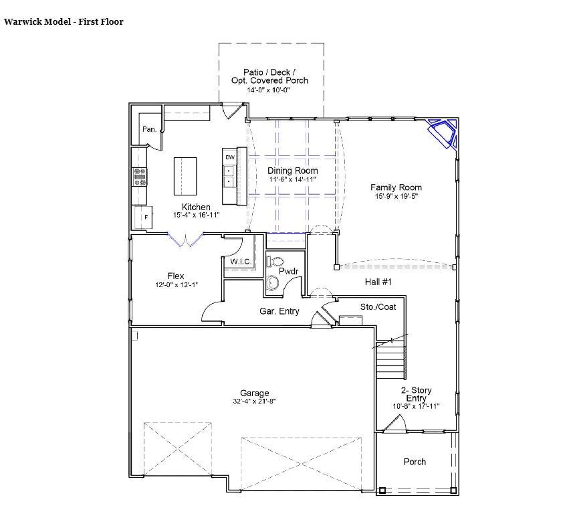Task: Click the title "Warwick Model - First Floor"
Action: [64, 21]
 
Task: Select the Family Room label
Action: [398, 187]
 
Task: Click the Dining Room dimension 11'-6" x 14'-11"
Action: [292, 180]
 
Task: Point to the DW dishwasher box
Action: [229, 157]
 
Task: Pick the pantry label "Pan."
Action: [149, 129]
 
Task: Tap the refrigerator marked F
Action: [144, 217]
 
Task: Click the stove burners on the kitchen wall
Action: [140, 177]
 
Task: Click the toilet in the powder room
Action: [275, 260]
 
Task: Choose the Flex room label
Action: [176, 276]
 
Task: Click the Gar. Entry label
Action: [279, 311]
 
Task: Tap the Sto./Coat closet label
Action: [378, 306]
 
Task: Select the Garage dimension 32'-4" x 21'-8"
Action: [254, 402]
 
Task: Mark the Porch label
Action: [415, 462]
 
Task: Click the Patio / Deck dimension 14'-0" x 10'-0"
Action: [269, 89]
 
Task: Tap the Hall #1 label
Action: [378, 282]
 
